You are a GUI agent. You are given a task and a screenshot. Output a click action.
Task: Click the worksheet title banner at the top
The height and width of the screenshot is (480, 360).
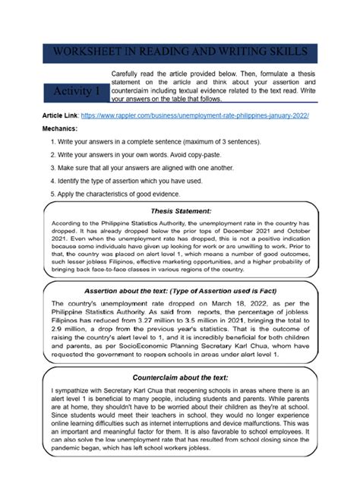click(x=179, y=52)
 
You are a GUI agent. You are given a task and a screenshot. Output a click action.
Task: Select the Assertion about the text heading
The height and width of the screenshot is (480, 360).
click(x=181, y=290)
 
